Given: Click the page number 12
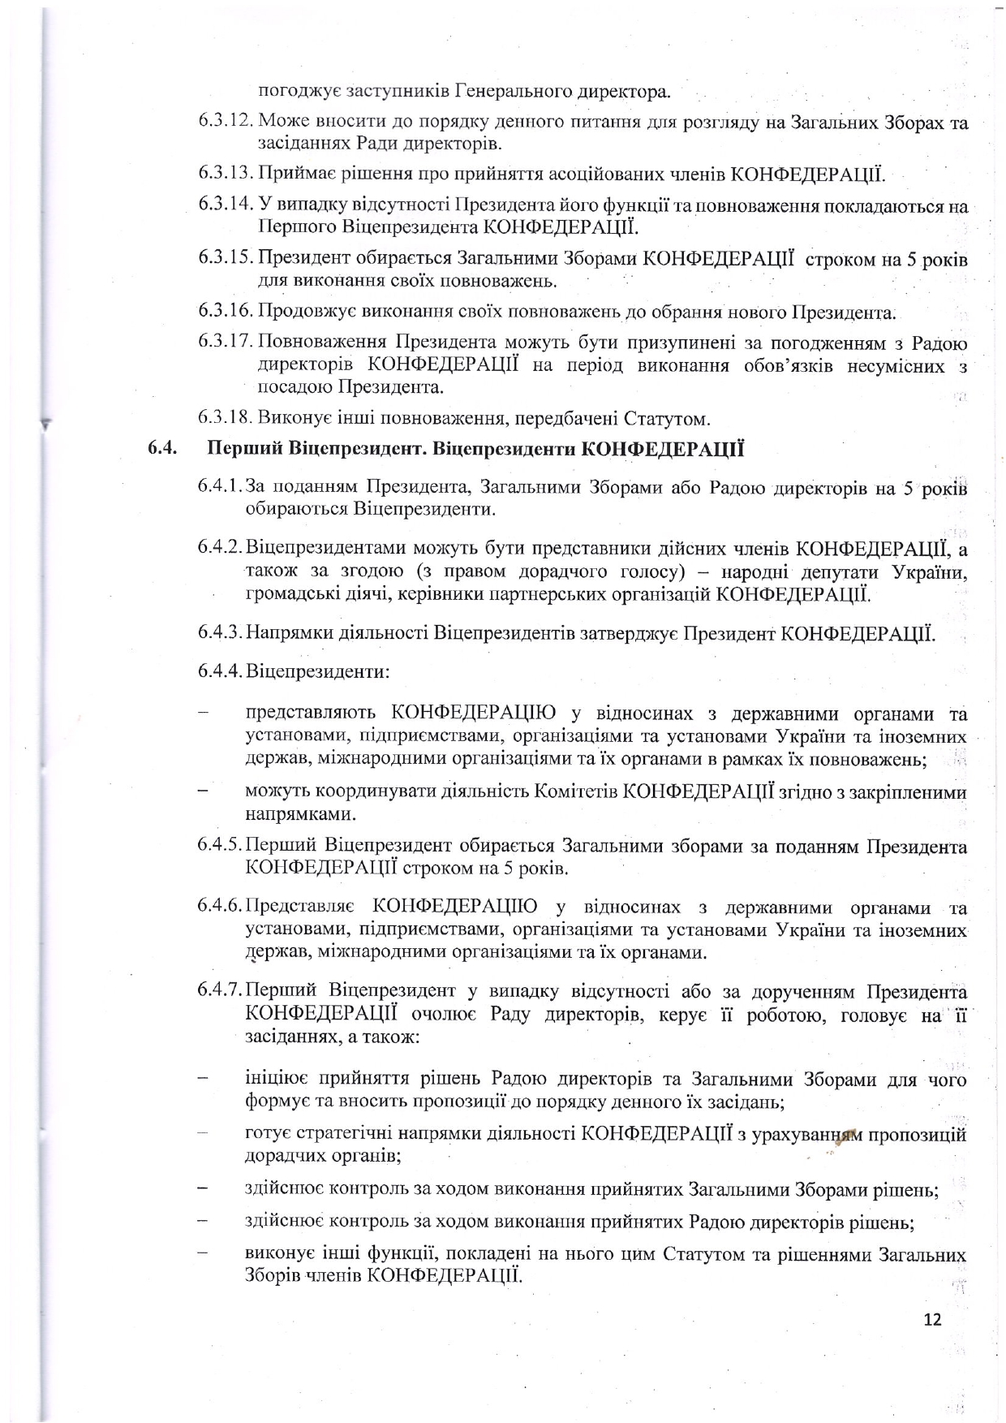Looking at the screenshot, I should [932, 1318].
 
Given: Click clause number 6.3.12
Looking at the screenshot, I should [222, 123].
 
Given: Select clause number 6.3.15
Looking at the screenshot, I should [222, 259].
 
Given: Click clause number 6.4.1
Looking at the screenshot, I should [219, 488].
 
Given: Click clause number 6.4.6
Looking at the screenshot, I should [219, 907].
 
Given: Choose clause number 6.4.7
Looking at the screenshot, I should [219, 991].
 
